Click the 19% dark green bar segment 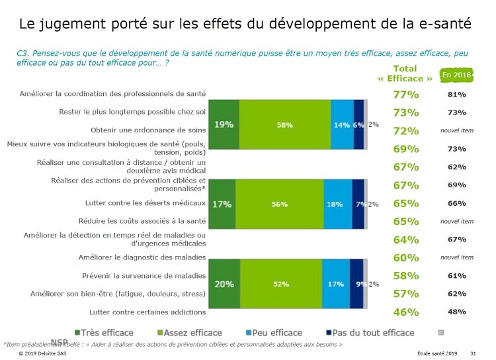tap(224, 124)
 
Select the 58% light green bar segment tap(285, 124)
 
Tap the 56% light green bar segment tap(280, 204)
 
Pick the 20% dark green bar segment tap(224, 284)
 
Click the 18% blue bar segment tap(337, 204)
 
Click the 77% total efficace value tap(405, 95)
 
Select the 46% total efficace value tap(405, 312)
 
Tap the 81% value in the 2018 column tap(456, 95)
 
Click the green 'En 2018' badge tap(456, 75)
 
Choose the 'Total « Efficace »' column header tap(405, 73)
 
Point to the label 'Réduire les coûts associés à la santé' tap(143, 221)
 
